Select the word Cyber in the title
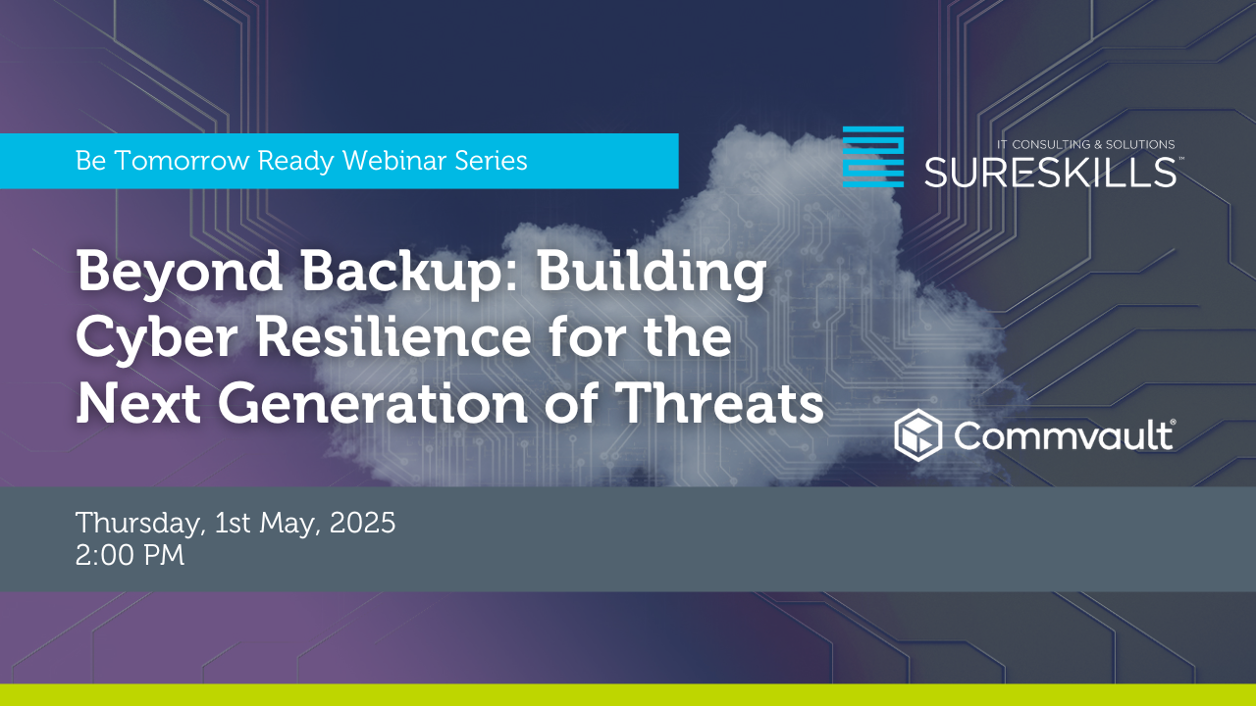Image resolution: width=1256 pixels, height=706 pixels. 156,340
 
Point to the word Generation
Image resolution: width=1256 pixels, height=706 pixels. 373,402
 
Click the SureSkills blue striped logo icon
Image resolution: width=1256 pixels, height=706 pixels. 873,156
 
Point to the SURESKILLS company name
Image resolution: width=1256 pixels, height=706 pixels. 1050,172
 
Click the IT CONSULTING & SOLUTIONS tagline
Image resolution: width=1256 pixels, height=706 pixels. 1085,144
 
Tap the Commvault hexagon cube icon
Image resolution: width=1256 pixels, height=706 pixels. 917,435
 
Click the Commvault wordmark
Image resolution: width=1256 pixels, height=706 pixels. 1065,434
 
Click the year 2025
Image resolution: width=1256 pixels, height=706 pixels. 362,523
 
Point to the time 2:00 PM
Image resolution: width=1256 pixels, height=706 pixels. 131,555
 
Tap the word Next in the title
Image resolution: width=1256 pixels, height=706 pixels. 138,403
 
